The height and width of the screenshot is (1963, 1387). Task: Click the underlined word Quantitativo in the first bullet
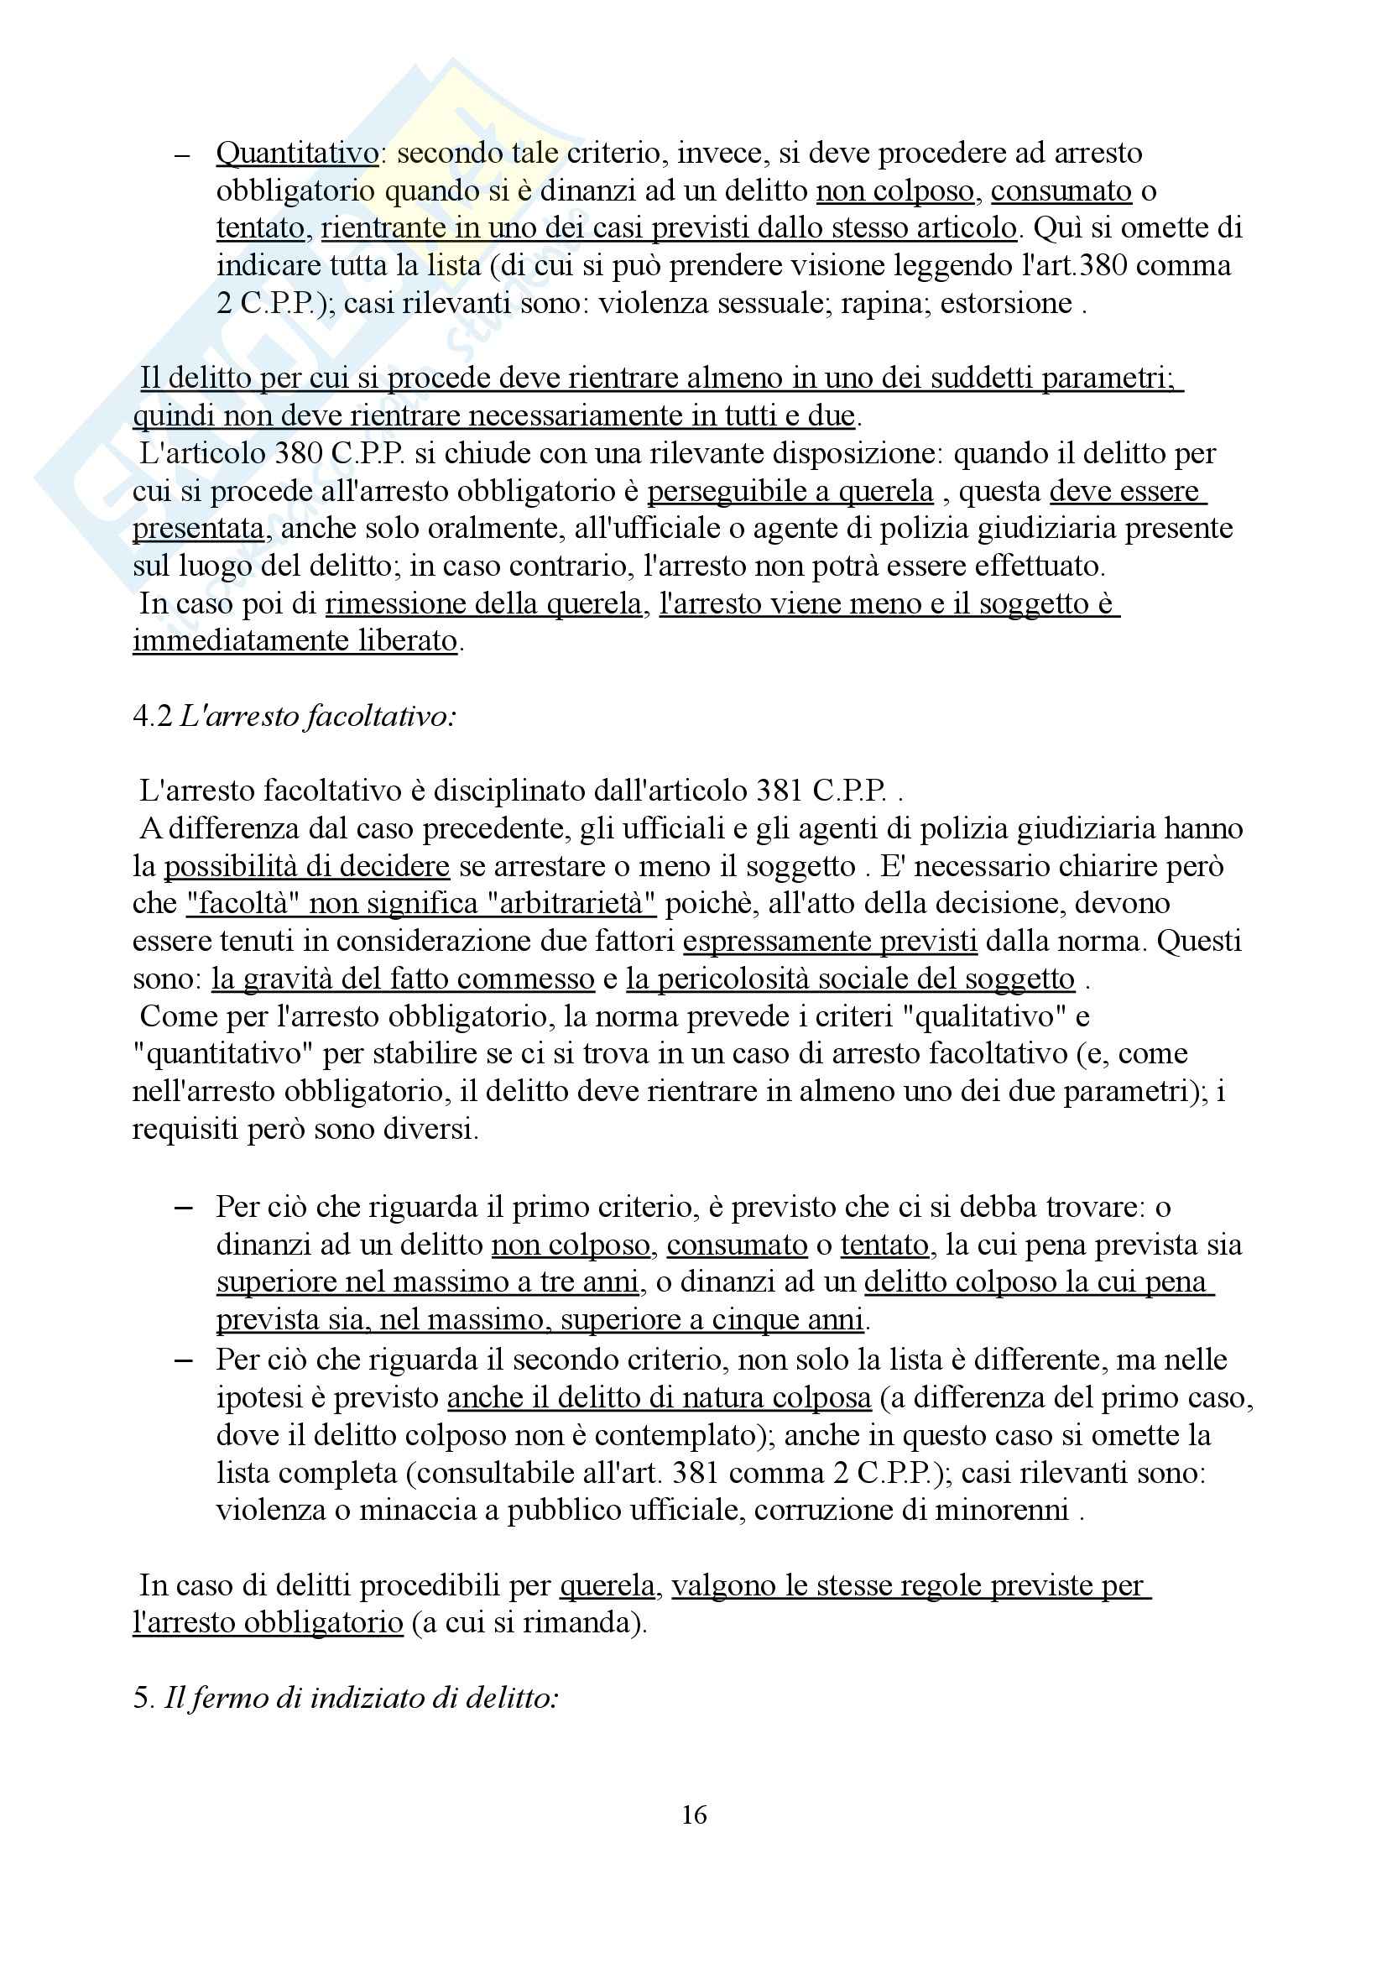pos(296,154)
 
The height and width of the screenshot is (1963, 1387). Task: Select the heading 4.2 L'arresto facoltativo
pos(294,716)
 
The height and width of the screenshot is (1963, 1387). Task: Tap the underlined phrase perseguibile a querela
pos(790,492)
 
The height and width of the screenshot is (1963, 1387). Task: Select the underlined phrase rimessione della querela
pos(482,604)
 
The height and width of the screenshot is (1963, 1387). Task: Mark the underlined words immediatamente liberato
pos(295,641)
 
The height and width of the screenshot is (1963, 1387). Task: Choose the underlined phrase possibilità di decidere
pos(307,866)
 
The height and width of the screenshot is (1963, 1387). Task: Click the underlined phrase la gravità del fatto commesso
pos(403,979)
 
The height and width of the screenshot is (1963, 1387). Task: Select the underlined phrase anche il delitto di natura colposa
pos(659,1397)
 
